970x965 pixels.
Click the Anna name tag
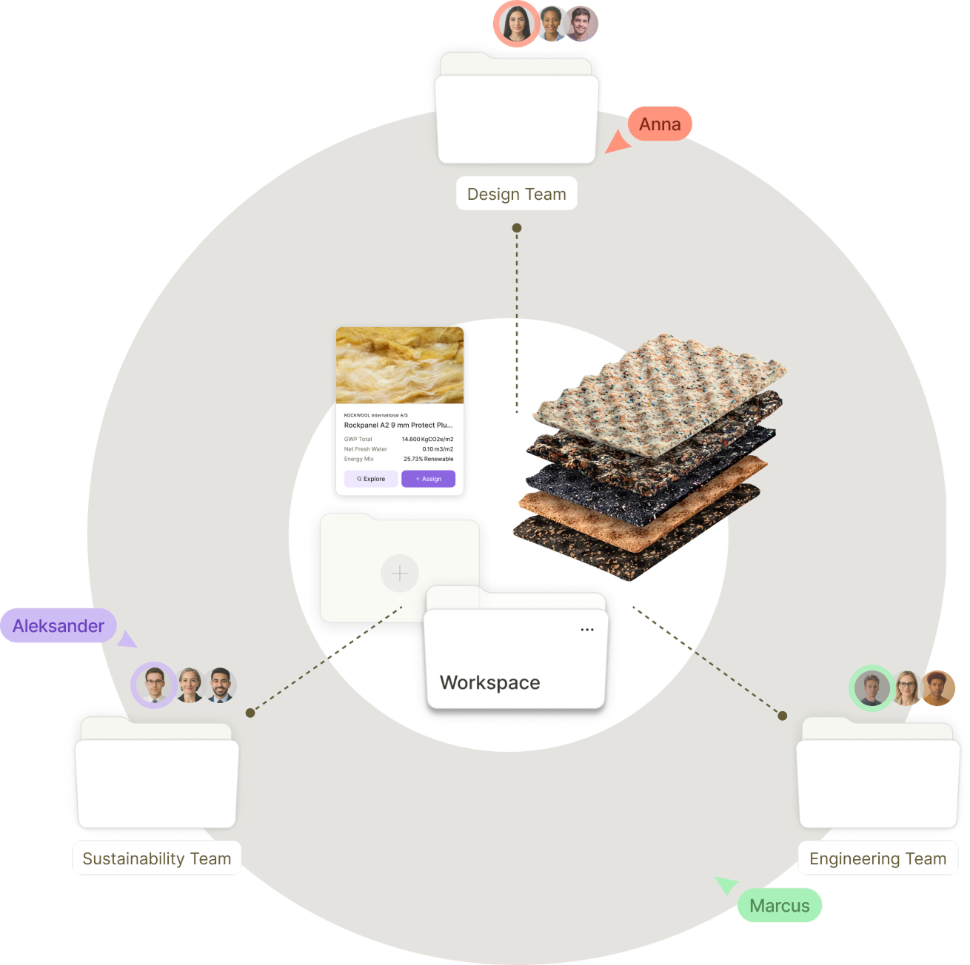point(660,124)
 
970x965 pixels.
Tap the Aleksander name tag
point(58,626)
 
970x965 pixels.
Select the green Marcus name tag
point(780,906)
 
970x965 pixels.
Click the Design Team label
point(516,194)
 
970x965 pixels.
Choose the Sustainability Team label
point(157,858)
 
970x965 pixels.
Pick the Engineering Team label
point(877,858)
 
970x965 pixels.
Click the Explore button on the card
point(371,479)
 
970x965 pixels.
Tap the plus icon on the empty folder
point(400,574)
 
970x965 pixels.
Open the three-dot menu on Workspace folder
point(587,630)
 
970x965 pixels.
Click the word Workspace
point(489,682)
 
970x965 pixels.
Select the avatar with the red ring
point(516,24)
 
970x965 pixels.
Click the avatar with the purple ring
point(154,685)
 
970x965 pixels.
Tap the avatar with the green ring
point(872,688)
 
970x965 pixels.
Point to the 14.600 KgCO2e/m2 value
point(427,440)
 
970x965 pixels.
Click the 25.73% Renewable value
point(428,459)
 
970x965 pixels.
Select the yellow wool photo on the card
point(400,366)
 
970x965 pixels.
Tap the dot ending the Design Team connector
point(517,228)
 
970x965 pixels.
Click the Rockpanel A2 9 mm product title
point(398,426)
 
